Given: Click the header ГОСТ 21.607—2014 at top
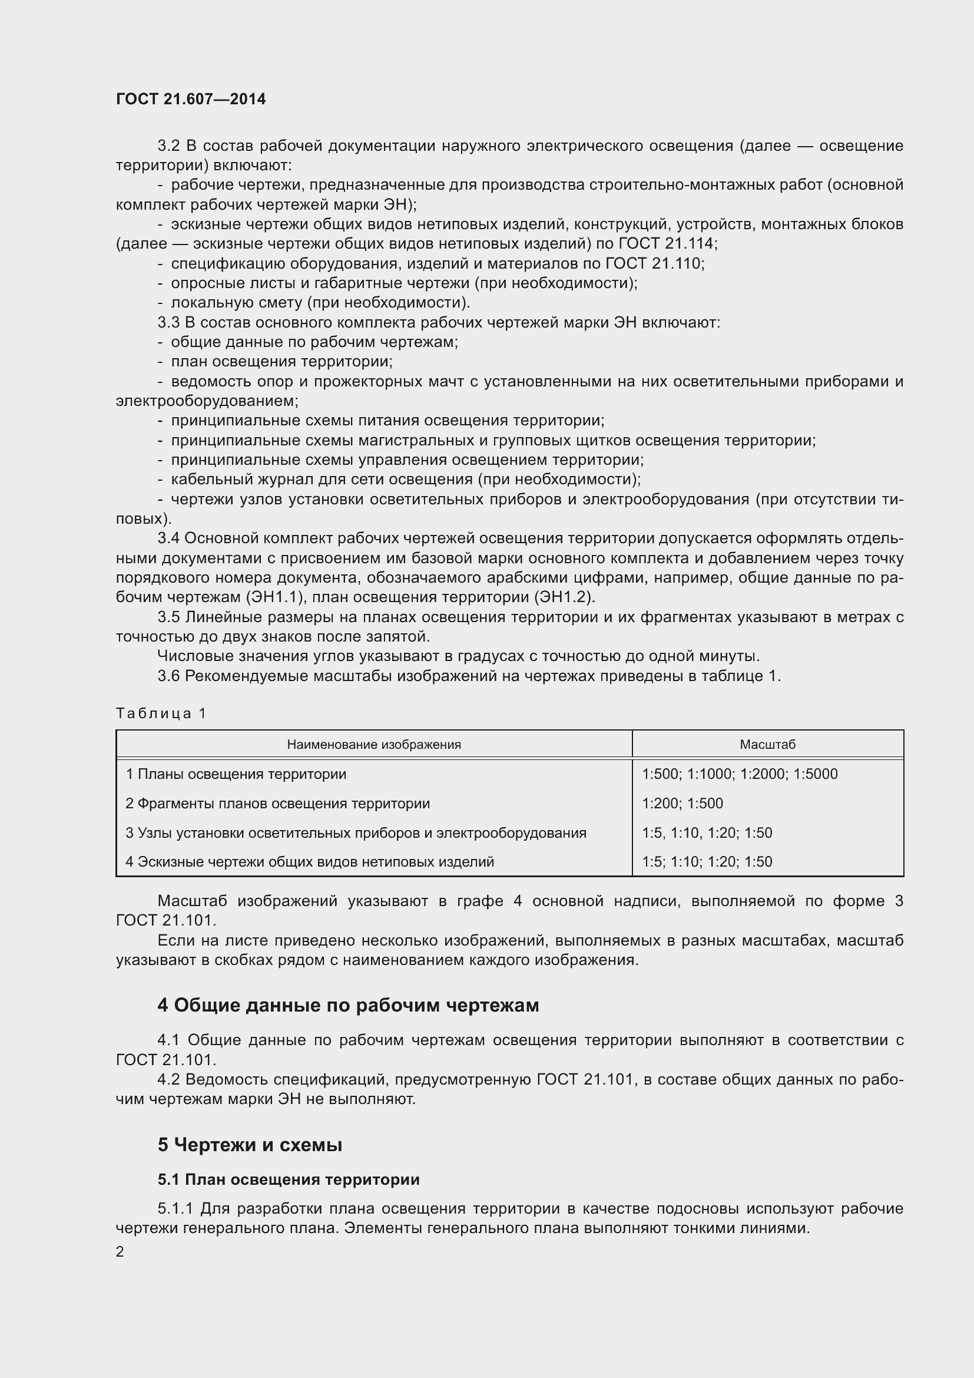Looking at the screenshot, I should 191,99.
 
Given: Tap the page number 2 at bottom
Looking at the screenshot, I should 120,1251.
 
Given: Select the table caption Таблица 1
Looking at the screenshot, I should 161,713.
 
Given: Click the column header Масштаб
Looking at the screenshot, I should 767,745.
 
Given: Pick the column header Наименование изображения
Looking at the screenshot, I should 374,745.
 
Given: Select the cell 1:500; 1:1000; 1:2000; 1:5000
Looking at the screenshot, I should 740,774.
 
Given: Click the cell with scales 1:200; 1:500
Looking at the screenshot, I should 682,804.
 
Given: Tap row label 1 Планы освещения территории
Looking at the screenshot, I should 236,774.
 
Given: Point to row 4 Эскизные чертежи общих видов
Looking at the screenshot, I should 310,862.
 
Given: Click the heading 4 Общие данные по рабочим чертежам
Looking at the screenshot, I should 348,1005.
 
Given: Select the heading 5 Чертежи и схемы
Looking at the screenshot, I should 250,1145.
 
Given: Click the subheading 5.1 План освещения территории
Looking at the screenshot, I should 289,1180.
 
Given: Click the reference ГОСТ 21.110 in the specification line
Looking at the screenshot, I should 654,263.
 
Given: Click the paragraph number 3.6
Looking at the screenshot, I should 168,676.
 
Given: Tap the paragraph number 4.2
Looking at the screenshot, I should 168,1080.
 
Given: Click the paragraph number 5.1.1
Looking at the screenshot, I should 175,1208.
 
